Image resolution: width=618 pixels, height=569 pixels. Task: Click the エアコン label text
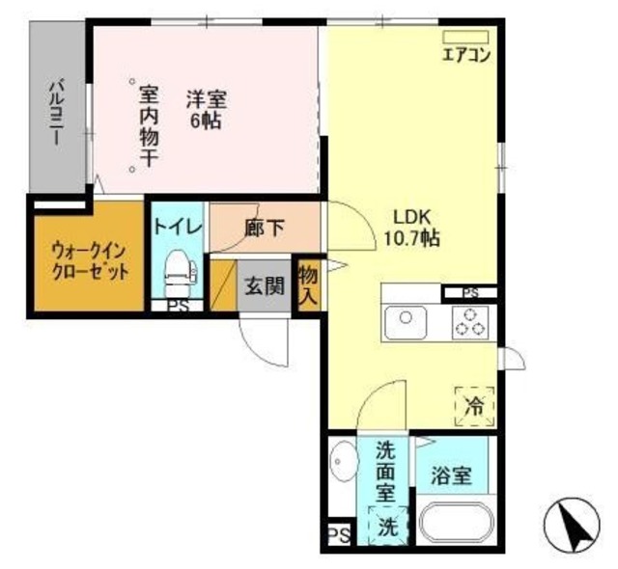pyautogui.click(x=466, y=55)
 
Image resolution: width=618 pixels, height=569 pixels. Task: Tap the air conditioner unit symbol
pyautogui.click(x=466, y=38)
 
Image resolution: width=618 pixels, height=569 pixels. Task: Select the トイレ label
pyautogui.click(x=177, y=228)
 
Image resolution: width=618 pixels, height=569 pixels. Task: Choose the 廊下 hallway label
pyautogui.click(x=264, y=229)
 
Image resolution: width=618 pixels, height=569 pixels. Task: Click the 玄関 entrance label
pyautogui.click(x=264, y=286)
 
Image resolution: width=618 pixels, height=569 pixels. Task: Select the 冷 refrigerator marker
pyautogui.click(x=474, y=406)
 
